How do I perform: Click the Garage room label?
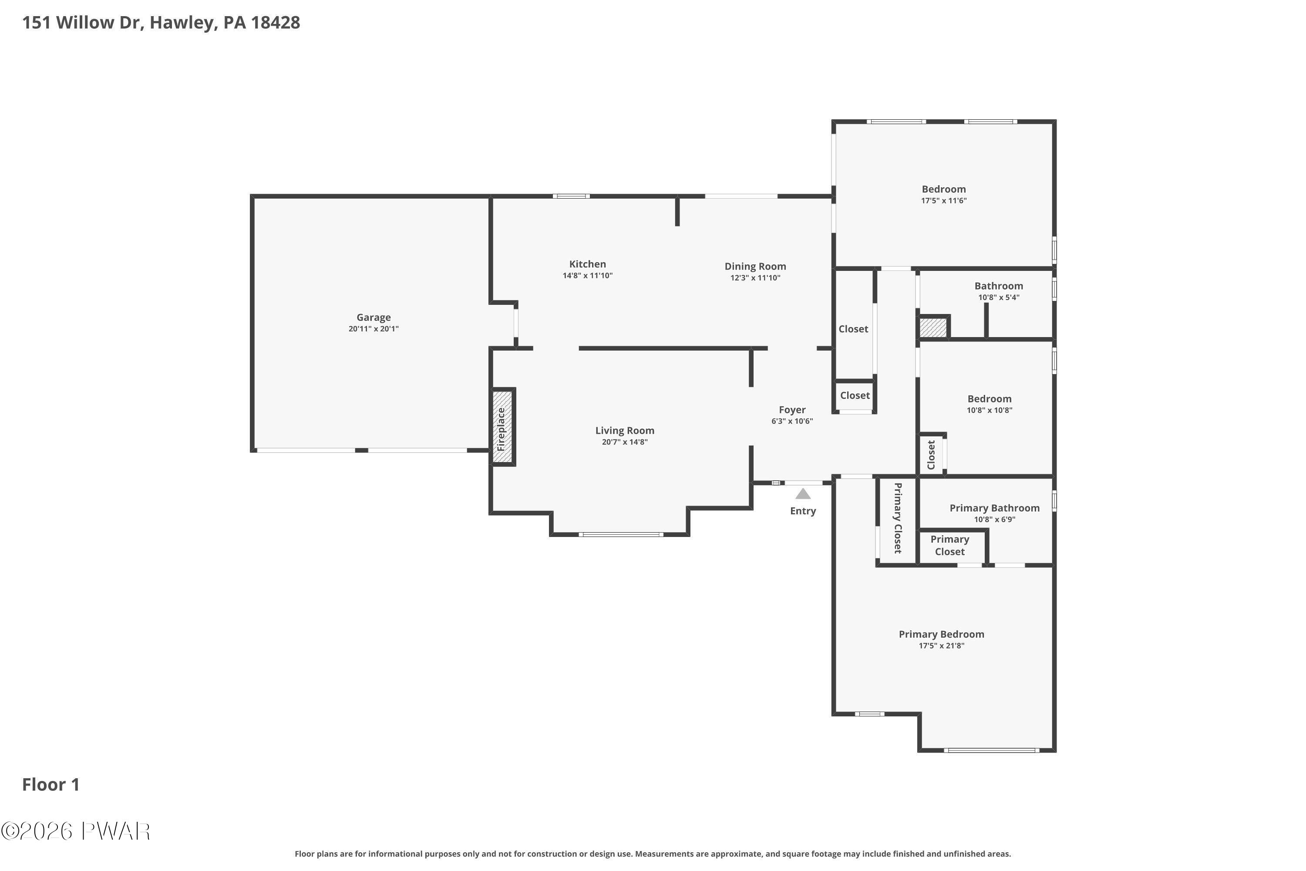[373, 317]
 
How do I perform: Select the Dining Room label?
[755, 267]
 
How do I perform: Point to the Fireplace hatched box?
[502, 427]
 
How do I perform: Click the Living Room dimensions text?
[625, 442]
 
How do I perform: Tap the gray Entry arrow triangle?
[803, 493]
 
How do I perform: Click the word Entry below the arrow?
[803, 511]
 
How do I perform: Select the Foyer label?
[792, 410]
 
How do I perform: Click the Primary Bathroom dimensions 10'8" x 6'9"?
[994, 520]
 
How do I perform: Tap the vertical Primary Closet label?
[897, 518]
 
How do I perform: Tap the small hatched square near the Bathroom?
[933, 327]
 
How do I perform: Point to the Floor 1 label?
[51, 784]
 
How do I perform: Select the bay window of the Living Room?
[621, 534]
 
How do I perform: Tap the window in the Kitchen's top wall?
[571, 196]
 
